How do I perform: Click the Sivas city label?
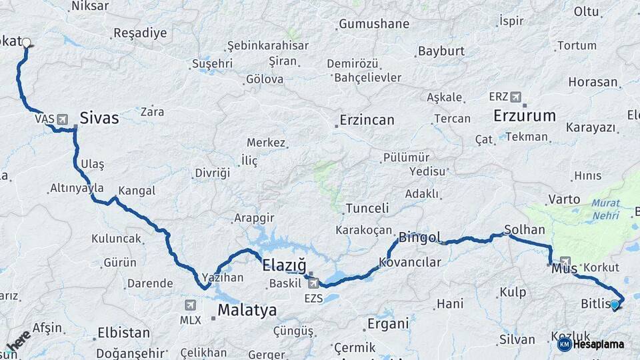pyautogui.click(x=99, y=119)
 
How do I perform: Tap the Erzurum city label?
pyautogui.click(x=525, y=115)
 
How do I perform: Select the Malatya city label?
pyautogui.click(x=247, y=311)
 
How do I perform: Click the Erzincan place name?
pyautogui.click(x=367, y=121)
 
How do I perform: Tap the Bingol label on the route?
pyautogui.click(x=420, y=237)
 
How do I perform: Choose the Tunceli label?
pyautogui.click(x=367, y=209)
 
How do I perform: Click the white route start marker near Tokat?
pyautogui.click(x=26, y=43)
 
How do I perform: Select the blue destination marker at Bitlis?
pyautogui.click(x=615, y=305)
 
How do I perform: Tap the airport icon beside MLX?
pyautogui.click(x=191, y=305)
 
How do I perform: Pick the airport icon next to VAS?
pyautogui.click(x=63, y=119)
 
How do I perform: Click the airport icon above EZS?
pyautogui.click(x=313, y=283)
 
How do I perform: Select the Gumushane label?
pyautogui.click(x=374, y=24)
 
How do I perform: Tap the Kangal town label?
pyautogui.click(x=136, y=191)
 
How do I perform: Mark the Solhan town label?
pyautogui.click(x=525, y=229)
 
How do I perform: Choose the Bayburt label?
pyautogui.click(x=441, y=51)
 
